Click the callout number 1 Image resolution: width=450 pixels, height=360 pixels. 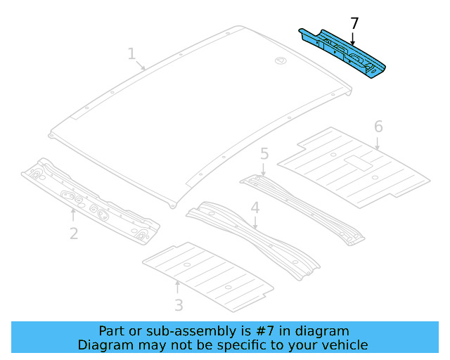click(x=131, y=53)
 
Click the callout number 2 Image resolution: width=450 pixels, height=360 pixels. click(x=74, y=233)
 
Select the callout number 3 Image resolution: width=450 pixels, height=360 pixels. click(x=179, y=304)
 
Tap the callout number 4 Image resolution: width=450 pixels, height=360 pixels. click(x=255, y=208)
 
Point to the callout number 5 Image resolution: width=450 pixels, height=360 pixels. click(x=264, y=153)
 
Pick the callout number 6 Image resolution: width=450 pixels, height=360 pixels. click(x=378, y=127)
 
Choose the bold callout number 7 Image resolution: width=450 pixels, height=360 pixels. click(x=354, y=23)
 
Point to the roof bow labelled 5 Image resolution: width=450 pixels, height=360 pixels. click(x=302, y=204)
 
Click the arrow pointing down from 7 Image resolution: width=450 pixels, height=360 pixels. click(x=354, y=39)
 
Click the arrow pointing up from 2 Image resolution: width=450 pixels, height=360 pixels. click(x=74, y=214)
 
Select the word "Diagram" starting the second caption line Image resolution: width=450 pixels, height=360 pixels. click(x=103, y=345)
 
